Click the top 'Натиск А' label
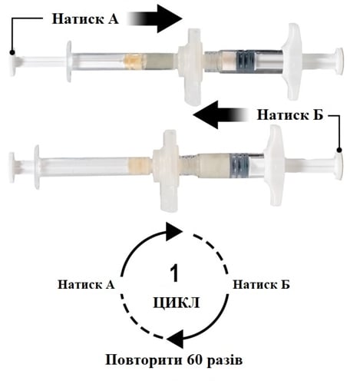click(x=85, y=19)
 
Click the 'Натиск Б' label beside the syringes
click(x=290, y=115)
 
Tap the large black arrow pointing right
click(x=155, y=18)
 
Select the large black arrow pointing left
click(x=220, y=114)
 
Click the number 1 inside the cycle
click(x=175, y=273)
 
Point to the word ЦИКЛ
click(x=177, y=303)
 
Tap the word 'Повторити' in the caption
click(x=144, y=360)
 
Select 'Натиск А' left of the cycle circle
click(x=86, y=284)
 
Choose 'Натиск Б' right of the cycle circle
click(x=261, y=284)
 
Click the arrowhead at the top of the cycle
click(x=174, y=232)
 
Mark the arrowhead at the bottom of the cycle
click(x=175, y=339)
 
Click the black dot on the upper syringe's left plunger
click(x=12, y=53)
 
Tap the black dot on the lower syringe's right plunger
click(x=339, y=151)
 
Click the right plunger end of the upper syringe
click(x=339, y=61)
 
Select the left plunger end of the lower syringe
click(x=12, y=167)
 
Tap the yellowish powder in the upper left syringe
click(x=135, y=62)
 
